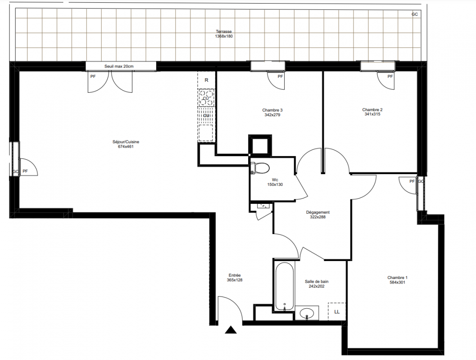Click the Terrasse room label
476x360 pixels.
tap(224, 31)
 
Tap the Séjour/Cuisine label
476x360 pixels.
tap(126, 142)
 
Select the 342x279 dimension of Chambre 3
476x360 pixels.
tap(272, 115)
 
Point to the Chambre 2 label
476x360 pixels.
tap(372, 110)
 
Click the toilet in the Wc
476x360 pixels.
tap(260, 168)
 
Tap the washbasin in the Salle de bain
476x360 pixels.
tap(307, 313)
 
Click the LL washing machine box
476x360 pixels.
tap(337, 311)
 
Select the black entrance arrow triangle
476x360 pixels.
tap(231, 330)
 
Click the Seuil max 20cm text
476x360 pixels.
tap(119, 66)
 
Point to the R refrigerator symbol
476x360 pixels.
tap(206, 80)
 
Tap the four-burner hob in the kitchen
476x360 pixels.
tap(206, 98)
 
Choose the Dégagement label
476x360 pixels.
tap(318, 212)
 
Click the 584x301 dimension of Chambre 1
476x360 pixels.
tap(397, 282)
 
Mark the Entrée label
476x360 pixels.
tap(235, 275)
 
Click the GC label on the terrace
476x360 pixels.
tap(415, 14)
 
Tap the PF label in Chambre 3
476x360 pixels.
tap(280, 76)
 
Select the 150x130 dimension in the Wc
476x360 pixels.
tap(275, 184)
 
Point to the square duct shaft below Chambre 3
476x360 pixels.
tap(260, 145)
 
